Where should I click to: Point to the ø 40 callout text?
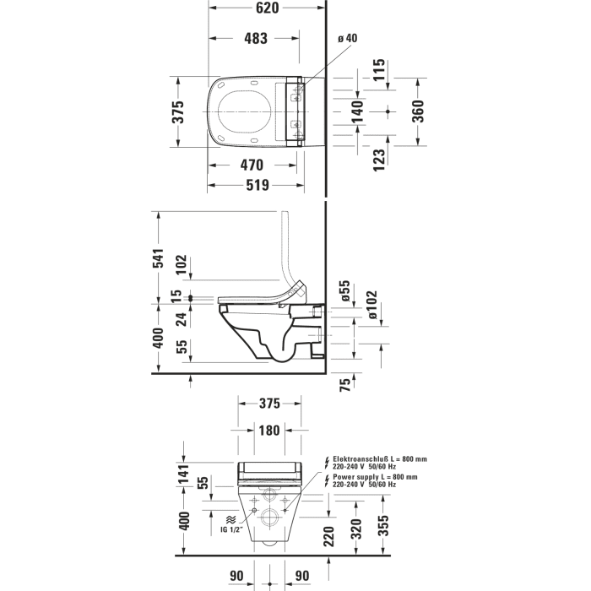coord(347,38)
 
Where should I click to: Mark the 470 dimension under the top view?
coord(251,165)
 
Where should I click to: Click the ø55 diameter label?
coord(344,291)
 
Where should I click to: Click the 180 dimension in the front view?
coord(268,431)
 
